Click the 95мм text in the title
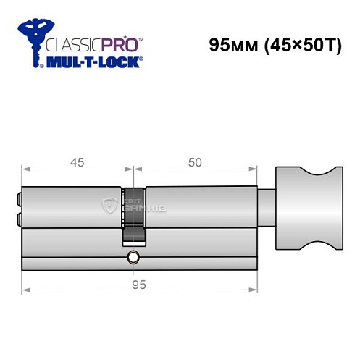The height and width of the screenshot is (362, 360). [x=227, y=44]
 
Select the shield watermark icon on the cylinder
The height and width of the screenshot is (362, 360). [x=111, y=205]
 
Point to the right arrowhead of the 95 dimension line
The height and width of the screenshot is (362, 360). [x=256, y=291]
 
